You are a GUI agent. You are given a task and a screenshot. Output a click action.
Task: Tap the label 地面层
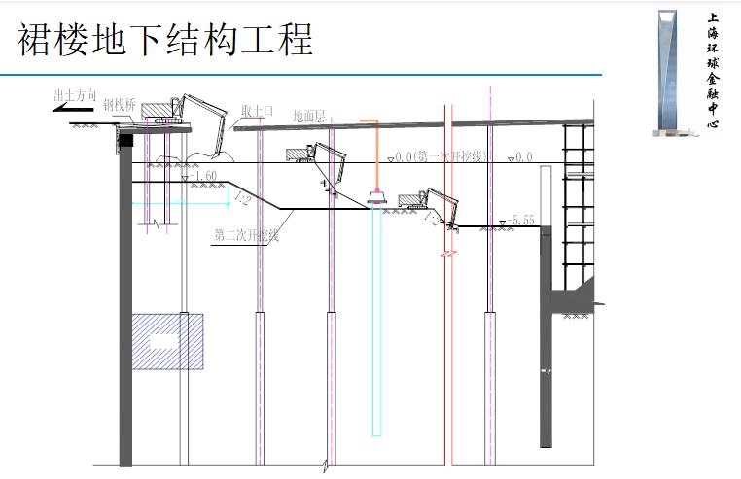(310, 115)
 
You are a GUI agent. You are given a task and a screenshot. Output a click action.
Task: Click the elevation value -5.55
(519, 221)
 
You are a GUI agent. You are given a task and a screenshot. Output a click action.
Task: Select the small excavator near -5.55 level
(434, 206)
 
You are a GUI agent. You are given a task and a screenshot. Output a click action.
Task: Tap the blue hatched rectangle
(167, 341)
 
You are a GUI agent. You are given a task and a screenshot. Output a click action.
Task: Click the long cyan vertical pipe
(377, 321)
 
